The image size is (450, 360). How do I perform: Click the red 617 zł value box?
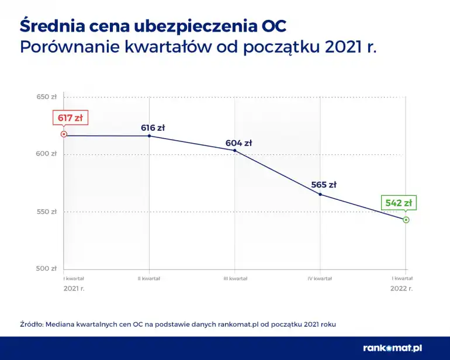pyautogui.click(x=70, y=117)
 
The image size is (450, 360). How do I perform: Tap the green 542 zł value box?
pyautogui.click(x=399, y=203)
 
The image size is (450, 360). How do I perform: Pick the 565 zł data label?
pyautogui.click(x=324, y=185)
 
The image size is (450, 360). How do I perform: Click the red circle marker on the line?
pyautogui.click(x=64, y=134)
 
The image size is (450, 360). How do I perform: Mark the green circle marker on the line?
pyautogui.click(x=406, y=220)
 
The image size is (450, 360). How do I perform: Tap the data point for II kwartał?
pyautogui.click(x=149, y=136)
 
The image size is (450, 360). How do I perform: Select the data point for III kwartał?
pyautogui.click(x=235, y=151)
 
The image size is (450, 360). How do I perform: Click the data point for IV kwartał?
pyautogui.click(x=320, y=194)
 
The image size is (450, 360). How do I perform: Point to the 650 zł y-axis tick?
pyautogui.click(x=47, y=97)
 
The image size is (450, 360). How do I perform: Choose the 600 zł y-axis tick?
pyautogui.click(x=47, y=154)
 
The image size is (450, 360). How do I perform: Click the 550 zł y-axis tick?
pyautogui.click(x=47, y=212)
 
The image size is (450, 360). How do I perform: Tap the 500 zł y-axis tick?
pyautogui.click(x=47, y=269)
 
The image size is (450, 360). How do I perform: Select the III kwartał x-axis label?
pyautogui.click(x=235, y=279)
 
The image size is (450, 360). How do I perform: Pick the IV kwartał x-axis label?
pyautogui.click(x=320, y=279)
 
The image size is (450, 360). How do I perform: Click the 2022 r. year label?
pyautogui.click(x=401, y=288)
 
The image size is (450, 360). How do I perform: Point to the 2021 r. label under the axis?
pyautogui.click(x=74, y=288)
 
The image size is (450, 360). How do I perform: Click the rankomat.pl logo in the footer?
pyautogui.click(x=392, y=348)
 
